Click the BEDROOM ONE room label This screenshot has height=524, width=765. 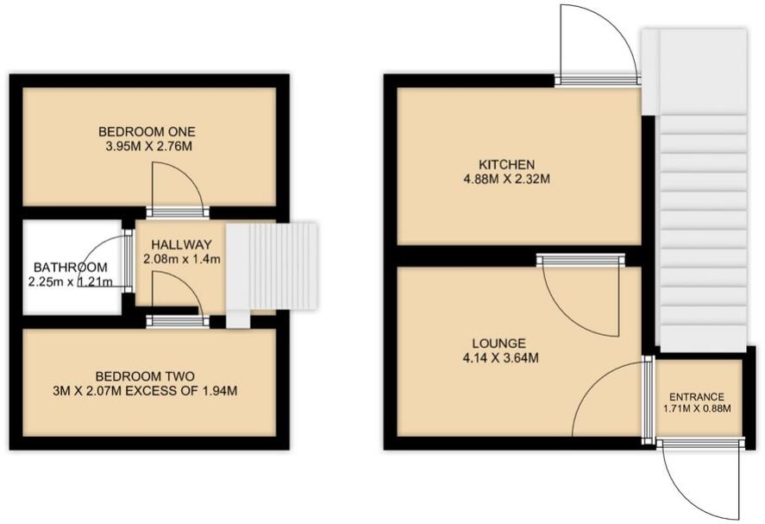(x=147, y=131)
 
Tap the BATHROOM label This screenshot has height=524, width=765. (x=71, y=267)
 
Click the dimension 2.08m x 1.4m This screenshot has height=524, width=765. (x=179, y=258)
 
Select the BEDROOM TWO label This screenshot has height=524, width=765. (x=145, y=376)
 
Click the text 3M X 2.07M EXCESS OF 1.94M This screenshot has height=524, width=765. (x=145, y=391)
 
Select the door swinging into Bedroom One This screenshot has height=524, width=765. (x=178, y=185)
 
